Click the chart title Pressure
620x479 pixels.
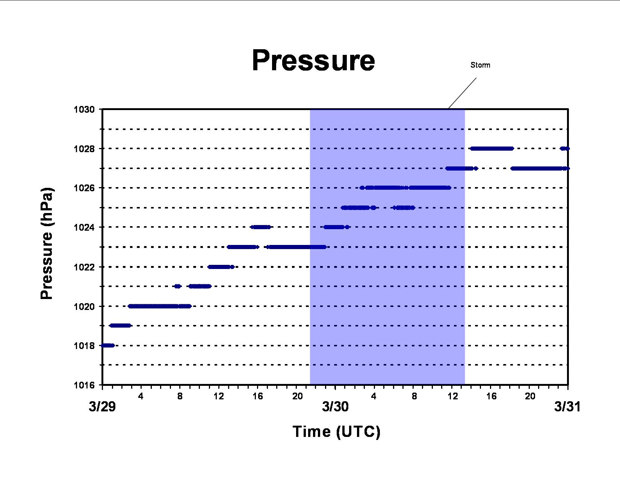313,61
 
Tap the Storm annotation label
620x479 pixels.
480,65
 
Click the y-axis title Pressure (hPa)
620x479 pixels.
47,243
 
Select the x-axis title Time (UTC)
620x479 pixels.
336,432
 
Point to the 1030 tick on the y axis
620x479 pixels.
84,109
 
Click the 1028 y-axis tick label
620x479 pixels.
84,149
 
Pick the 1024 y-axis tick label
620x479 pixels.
84,227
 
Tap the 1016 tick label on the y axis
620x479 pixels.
84,385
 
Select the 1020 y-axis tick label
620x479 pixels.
84,307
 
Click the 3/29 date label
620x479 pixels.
102,406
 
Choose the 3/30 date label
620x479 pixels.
335,406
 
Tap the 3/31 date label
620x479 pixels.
567,406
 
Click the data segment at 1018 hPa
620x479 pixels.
108,346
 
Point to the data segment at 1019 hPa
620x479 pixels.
120,325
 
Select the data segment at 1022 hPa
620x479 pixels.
221,267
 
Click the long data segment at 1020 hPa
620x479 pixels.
160,307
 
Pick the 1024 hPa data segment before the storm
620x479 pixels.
260,227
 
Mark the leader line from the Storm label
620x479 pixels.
462,93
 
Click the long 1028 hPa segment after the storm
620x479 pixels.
492,148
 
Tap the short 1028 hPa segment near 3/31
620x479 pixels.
565,148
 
